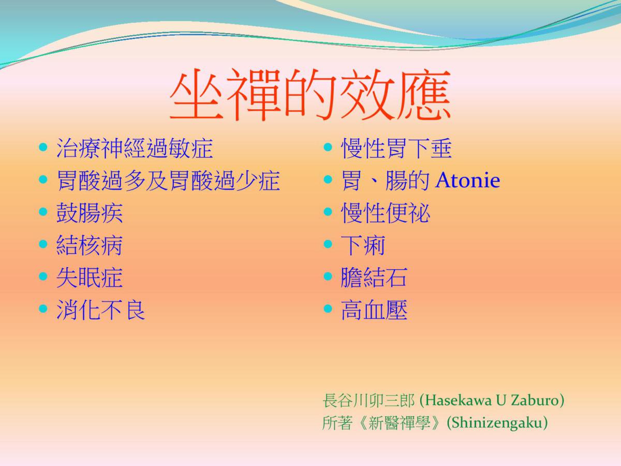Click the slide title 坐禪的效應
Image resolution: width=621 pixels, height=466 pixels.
pos(310,95)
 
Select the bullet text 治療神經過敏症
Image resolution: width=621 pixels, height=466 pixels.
pos(135,148)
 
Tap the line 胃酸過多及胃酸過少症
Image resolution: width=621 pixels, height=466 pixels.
pos(168,181)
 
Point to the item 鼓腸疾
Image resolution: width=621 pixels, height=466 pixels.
pos(90,213)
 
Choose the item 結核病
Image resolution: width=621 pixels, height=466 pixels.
pos(90,245)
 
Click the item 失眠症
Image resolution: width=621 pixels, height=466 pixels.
pos(90,278)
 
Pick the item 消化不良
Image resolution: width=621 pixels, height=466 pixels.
pos(101,310)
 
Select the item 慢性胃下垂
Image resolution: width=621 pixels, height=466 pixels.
pos(396,148)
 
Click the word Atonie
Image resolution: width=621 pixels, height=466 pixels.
pos(468,180)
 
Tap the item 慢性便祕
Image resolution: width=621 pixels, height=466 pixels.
pos(386,213)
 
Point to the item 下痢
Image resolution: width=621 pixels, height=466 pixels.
pos(363,245)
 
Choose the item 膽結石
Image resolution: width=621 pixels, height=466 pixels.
pos(374,278)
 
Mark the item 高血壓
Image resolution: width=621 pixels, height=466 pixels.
pos(374,310)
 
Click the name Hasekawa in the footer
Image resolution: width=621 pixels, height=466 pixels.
pos(457,400)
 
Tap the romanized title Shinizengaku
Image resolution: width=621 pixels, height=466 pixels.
pos(497,423)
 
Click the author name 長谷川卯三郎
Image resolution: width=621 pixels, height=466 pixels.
pos(368,400)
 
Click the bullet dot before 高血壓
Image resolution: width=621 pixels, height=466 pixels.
pos(328,309)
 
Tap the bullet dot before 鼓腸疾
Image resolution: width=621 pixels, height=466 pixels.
pos(43,212)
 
